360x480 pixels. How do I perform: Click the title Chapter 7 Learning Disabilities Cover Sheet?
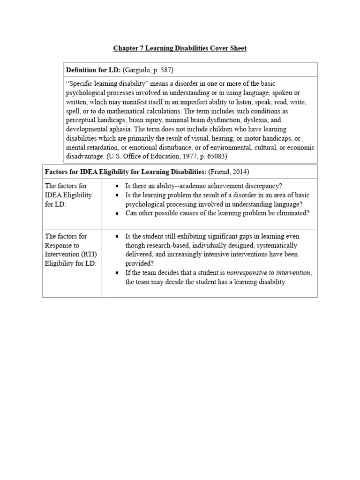[180, 48]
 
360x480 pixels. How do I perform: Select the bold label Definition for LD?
[94, 70]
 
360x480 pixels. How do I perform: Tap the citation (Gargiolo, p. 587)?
[148, 70]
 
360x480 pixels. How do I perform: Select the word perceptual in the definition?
[83, 120]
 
